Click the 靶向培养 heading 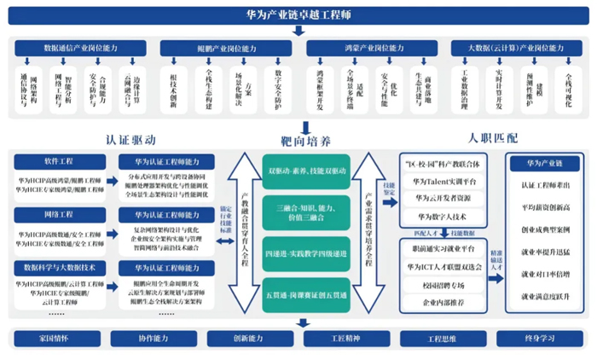pos(304,138)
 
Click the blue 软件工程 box pos(58,161)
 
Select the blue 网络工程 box pos(58,214)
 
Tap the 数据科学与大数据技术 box pos(58,267)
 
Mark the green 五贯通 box pos(304,293)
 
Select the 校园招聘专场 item pos(442,286)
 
